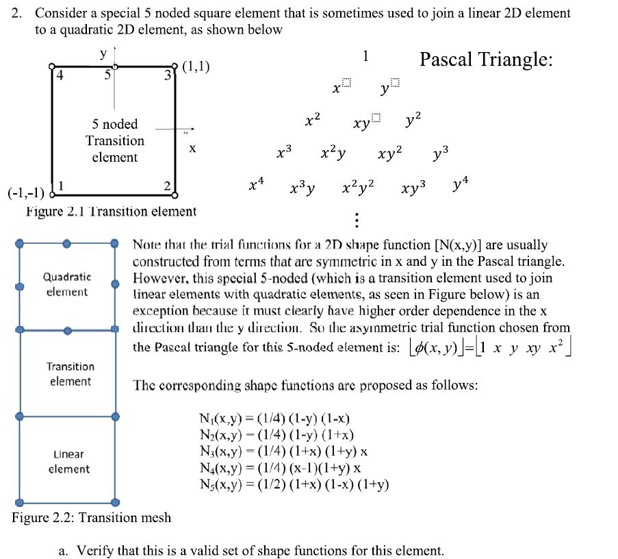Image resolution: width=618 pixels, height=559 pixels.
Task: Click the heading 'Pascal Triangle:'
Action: [486, 60]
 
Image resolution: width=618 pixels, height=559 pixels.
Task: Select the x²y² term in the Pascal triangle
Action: [359, 186]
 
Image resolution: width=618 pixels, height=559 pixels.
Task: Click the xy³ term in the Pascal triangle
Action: [413, 186]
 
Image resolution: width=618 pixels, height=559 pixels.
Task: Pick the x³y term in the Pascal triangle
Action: [302, 186]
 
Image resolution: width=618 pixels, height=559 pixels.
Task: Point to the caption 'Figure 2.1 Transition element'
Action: [111, 212]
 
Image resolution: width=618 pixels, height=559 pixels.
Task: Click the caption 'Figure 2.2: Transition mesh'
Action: [92, 517]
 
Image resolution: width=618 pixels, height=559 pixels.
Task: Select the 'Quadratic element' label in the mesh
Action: [66, 284]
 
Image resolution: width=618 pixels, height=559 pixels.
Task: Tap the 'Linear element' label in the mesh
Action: [68, 462]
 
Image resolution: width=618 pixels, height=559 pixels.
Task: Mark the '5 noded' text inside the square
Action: [115, 124]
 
